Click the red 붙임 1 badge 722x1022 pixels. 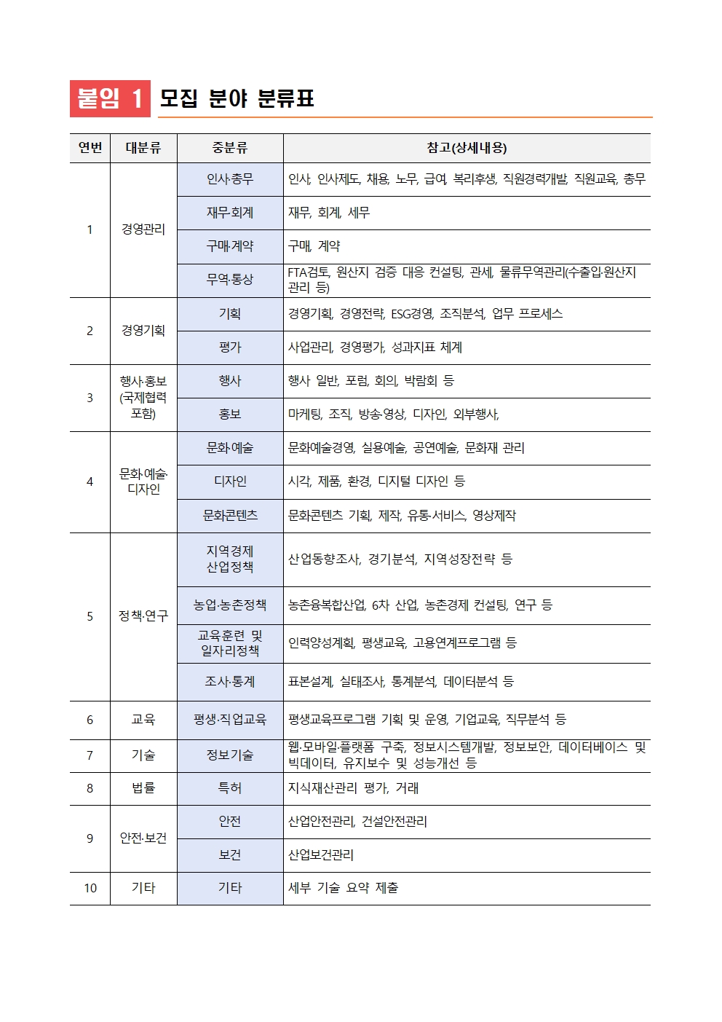tap(110, 98)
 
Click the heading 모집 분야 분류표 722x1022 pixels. tap(237, 98)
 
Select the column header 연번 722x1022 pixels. tap(90, 148)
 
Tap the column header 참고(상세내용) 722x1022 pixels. tap(467, 148)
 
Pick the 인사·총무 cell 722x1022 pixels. tap(230, 179)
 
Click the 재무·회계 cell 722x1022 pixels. tap(230, 213)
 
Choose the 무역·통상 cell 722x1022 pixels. tap(230, 280)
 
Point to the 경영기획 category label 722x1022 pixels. tap(143, 331)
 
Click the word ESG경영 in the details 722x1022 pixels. tap(411, 314)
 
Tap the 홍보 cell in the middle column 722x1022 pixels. tap(230, 414)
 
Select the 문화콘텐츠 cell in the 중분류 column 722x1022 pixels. tap(230, 516)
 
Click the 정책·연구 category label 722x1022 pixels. tap(143, 616)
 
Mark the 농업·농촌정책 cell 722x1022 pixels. tap(230, 605)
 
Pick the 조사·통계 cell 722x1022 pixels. tap(230, 682)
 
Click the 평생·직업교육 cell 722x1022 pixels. tap(230, 720)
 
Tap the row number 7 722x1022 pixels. tap(90, 755)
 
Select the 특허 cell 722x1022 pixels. tap(230, 788)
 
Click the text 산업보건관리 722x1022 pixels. tap(321, 855)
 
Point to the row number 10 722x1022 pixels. tap(90, 888)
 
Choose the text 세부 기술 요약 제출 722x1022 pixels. tap(344, 888)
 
